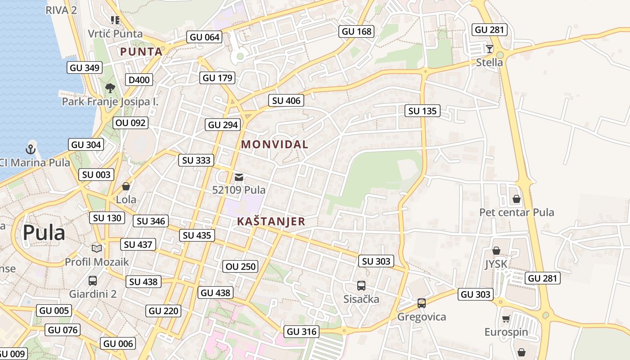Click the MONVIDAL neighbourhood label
[274, 144]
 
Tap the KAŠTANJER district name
[271, 221]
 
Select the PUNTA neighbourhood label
[141, 52]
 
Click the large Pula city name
[44, 233]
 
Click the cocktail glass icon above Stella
[490, 49]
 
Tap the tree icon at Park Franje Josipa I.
[110, 88]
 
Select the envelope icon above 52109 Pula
[239, 177]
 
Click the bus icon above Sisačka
[361, 285]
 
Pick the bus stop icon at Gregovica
[421, 303]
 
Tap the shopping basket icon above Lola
[126, 186]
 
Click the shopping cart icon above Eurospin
[506, 319]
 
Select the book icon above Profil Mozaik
[97, 248]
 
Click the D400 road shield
[139, 80]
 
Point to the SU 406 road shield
[286, 101]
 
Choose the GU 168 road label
[356, 31]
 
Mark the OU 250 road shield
[241, 266]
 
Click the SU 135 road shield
[423, 111]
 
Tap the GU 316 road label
[302, 332]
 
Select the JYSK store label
[496, 264]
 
